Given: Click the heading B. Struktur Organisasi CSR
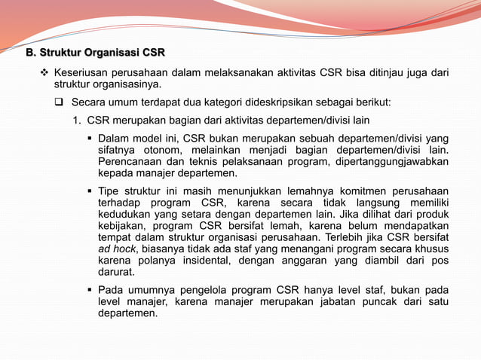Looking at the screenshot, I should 96,53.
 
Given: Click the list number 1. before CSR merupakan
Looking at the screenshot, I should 77,120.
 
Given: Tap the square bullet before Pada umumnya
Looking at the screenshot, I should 90,290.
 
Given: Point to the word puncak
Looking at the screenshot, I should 373,301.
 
